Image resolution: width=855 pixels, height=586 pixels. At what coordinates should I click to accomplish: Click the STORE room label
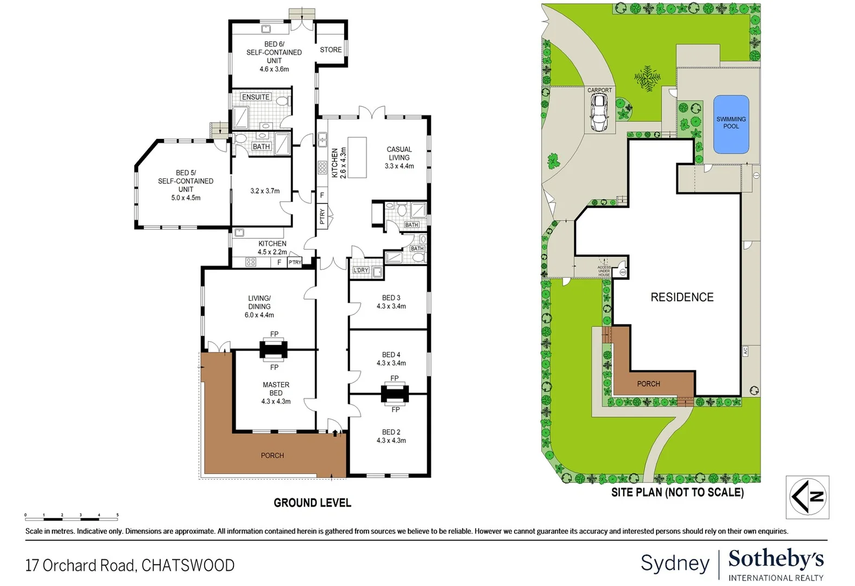pyautogui.click(x=331, y=50)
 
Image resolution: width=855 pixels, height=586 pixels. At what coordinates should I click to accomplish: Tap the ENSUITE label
pyautogui.click(x=256, y=97)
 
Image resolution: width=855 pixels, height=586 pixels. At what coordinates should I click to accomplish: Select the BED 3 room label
pyautogui.click(x=391, y=298)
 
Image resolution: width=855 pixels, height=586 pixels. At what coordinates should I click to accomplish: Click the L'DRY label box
pyautogui.click(x=361, y=270)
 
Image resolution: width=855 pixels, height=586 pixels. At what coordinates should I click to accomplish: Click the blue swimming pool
pyautogui.click(x=731, y=124)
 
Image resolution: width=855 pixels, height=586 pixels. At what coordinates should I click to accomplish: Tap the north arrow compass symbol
pyautogui.click(x=808, y=497)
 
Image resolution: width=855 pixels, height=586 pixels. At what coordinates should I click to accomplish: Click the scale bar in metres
pyautogui.click(x=71, y=515)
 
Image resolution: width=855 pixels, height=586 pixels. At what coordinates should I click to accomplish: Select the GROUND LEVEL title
pyautogui.click(x=312, y=503)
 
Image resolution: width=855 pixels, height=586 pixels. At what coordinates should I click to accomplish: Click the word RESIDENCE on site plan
pyautogui.click(x=682, y=297)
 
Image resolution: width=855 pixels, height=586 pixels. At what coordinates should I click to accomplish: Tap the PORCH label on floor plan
pyautogui.click(x=272, y=456)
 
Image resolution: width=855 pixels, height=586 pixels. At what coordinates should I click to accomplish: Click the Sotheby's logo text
pyautogui.click(x=776, y=559)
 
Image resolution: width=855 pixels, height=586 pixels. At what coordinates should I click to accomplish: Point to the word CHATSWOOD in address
pyautogui.click(x=188, y=565)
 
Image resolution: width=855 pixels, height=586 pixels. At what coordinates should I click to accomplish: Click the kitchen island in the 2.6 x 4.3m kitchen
pyautogui.click(x=357, y=157)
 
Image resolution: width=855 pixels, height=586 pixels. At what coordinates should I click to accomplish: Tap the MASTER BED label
pyautogui.click(x=276, y=388)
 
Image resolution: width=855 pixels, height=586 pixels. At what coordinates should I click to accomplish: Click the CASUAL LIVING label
pyautogui.click(x=399, y=154)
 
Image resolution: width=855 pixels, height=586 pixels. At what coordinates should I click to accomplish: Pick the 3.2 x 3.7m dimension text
pyautogui.click(x=265, y=191)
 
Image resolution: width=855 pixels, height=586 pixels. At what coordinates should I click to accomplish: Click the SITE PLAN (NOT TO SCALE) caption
pyautogui.click(x=677, y=493)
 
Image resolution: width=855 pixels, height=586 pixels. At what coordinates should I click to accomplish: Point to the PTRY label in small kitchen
pyautogui.click(x=295, y=263)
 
